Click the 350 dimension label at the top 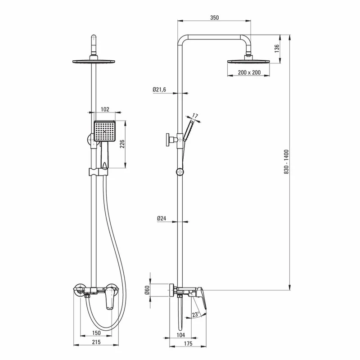tap(215, 18)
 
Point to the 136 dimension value tap(277, 49)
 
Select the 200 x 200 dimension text tap(249, 72)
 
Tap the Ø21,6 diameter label tap(159, 90)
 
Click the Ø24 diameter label tap(162, 218)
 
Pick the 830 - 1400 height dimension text tap(287, 162)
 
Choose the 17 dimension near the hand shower tap(195, 116)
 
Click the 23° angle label tap(196, 314)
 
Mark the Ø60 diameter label tap(147, 290)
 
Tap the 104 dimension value tap(181, 335)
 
